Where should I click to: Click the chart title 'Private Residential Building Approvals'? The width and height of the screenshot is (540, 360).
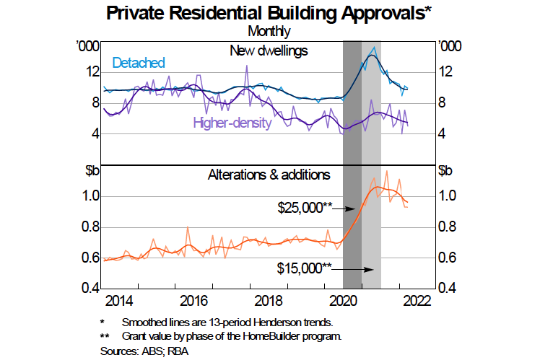tap(269, 12)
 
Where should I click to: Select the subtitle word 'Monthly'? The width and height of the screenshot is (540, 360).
tap(269, 31)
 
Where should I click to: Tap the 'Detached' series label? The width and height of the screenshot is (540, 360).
tap(139, 63)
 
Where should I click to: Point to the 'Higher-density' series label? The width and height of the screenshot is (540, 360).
tap(232, 123)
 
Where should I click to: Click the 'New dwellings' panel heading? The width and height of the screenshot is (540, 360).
tap(269, 51)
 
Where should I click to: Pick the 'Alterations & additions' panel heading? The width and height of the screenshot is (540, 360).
tap(269, 175)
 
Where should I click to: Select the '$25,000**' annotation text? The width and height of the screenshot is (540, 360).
tap(304, 208)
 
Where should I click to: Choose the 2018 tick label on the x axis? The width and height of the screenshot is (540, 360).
tap(269, 301)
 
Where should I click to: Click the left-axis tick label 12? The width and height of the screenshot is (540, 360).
tap(92, 72)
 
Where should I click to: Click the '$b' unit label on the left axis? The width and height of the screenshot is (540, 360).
tap(91, 171)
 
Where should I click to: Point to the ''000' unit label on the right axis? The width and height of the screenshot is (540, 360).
tap(449, 46)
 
